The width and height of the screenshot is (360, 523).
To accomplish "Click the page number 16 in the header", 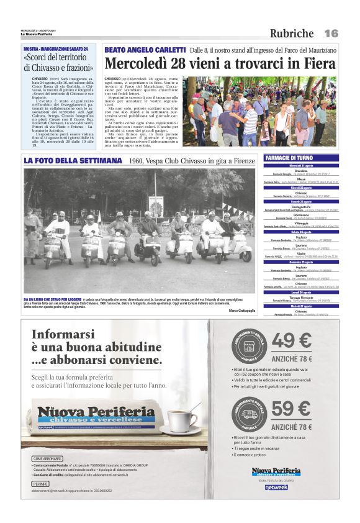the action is click(x=331, y=33).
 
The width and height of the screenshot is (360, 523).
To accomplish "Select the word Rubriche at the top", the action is click(x=292, y=34).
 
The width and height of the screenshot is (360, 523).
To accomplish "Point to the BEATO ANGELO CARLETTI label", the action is click(x=145, y=50).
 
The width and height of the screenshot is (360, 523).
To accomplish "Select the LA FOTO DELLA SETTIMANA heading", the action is click(x=73, y=161).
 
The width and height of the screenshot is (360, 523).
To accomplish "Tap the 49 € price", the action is click(x=292, y=342).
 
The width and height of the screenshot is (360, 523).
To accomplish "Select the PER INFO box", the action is click(x=40, y=483).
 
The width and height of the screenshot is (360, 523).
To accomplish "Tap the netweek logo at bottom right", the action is click(x=276, y=488).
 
